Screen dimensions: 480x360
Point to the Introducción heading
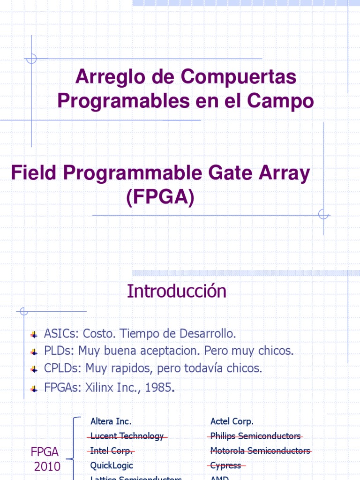click(x=176, y=291)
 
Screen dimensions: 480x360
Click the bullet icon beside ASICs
click(x=34, y=335)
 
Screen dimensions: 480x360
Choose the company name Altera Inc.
click(x=111, y=421)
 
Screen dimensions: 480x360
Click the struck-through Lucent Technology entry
click(x=127, y=436)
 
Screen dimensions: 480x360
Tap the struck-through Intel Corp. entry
click(x=111, y=451)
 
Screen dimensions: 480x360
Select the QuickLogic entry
click(x=112, y=465)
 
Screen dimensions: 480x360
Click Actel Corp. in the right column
click(x=232, y=421)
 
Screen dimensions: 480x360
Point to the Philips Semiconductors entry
click(x=255, y=436)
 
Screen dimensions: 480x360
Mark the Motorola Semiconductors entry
click(x=260, y=451)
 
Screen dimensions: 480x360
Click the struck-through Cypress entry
click(x=226, y=465)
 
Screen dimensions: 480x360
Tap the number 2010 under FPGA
click(x=47, y=466)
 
